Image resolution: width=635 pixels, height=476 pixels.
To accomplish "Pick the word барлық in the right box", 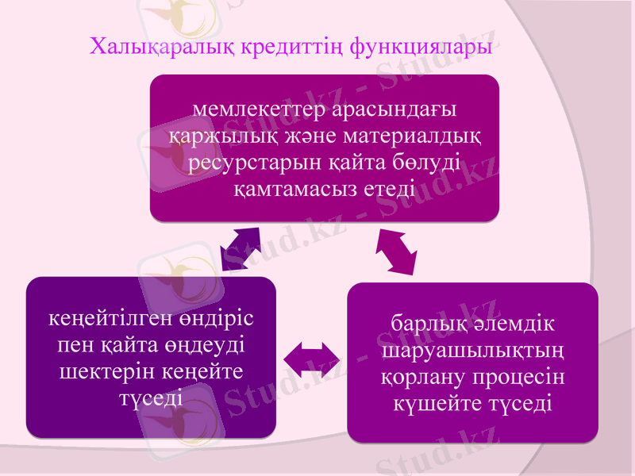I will coord(426,325).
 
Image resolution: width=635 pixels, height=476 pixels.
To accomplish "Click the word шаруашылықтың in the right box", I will coord(473,351).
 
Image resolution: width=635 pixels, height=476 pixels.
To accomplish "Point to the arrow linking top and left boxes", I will coord(241,248).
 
